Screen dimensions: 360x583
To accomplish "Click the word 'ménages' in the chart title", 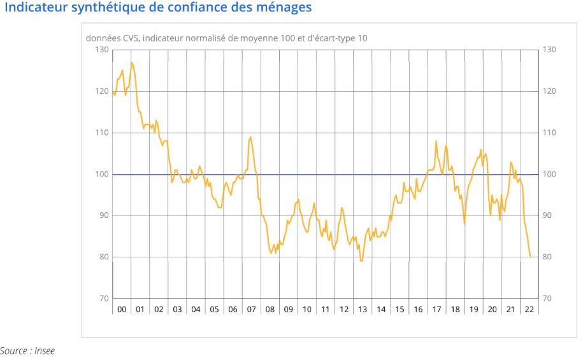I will tap(285, 8).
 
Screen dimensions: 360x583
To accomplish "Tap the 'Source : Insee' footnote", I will tap(27, 350).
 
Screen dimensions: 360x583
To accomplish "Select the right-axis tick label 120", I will tap(549, 91).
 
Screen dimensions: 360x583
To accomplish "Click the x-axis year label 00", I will tap(122, 310).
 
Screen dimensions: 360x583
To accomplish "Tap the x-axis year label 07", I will tap(252, 310).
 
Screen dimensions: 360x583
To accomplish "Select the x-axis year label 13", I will tap(363, 310).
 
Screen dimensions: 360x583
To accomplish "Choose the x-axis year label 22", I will tap(529, 310).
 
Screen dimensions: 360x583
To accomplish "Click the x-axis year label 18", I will tap(455, 310).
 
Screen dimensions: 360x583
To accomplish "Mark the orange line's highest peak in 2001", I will tap(132, 62).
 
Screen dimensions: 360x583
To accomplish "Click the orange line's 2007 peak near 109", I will tap(250, 137).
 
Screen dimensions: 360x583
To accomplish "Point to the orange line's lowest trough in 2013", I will tap(361, 261).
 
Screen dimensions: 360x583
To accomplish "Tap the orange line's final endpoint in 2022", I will tap(530, 257).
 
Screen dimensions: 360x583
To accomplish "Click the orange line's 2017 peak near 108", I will tap(436, 141).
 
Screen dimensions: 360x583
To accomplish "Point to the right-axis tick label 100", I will tap(549, 175).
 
